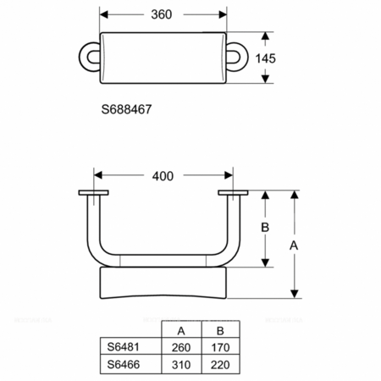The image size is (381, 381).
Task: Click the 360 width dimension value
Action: click(163, 14)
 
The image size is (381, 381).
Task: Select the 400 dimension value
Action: click(163, 176)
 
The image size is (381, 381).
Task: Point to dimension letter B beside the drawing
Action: click(264, 229)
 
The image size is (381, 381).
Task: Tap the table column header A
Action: click(180, 331)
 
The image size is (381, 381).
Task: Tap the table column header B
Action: click(219, 331)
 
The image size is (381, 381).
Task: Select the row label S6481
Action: click(124, 347)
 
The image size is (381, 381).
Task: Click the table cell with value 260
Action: click(181, 347)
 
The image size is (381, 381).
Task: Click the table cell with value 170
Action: click(219, 347)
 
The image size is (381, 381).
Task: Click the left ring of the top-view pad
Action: click(88, 58)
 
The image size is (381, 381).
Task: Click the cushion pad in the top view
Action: click(163, 58)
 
